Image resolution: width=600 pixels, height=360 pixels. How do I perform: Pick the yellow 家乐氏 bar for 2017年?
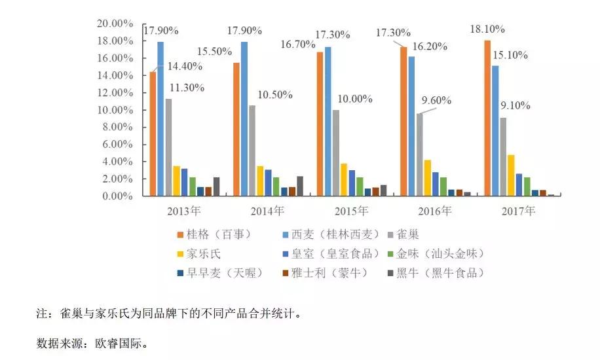click(512, 175)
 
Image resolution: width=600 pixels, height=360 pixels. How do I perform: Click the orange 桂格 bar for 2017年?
click(487, 118)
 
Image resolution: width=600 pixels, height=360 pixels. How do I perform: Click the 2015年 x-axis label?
click(350, 211)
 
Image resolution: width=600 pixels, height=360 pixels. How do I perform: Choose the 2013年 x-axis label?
click(183, 211)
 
